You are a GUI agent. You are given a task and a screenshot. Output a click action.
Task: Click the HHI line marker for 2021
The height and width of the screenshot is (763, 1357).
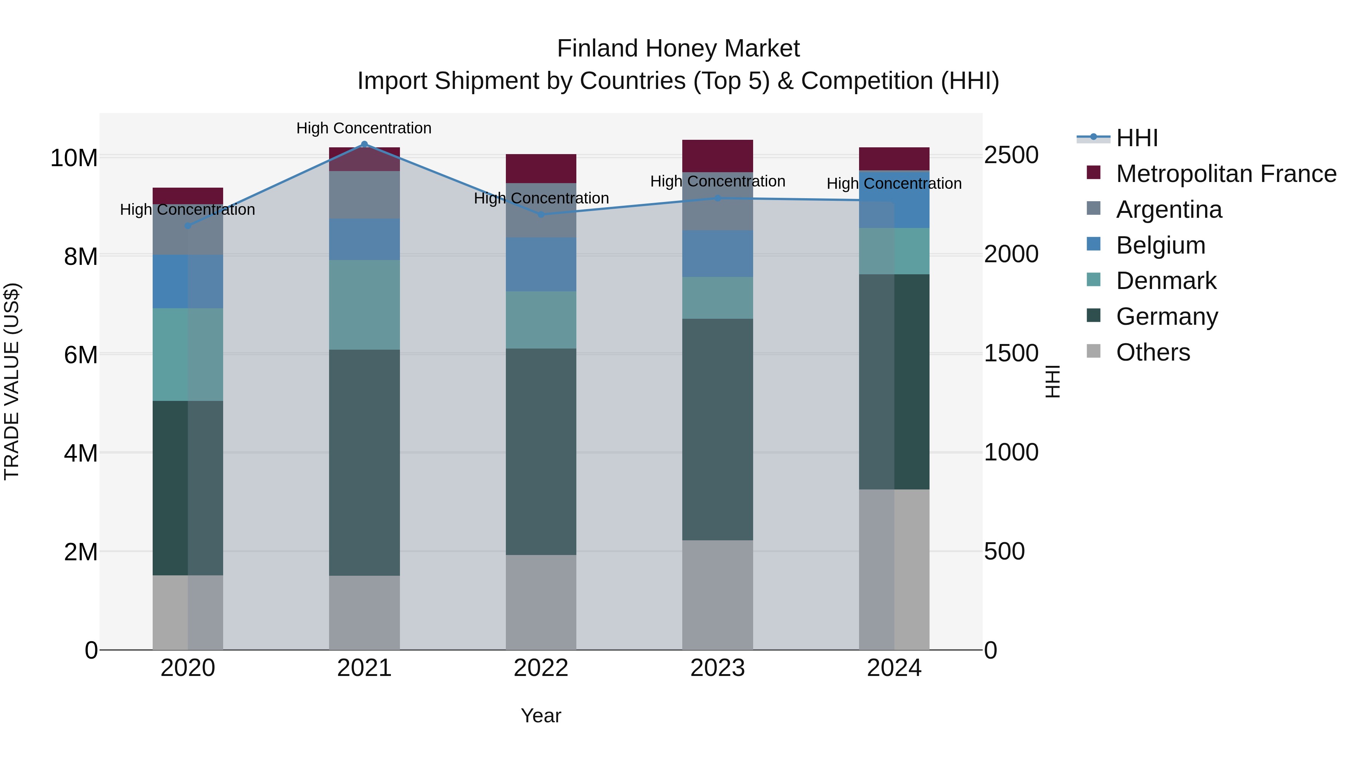click(364, 144)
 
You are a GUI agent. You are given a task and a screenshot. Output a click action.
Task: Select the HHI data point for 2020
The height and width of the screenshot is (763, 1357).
click(188, 226)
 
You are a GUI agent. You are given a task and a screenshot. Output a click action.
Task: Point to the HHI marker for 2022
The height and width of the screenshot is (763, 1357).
click(541, 214)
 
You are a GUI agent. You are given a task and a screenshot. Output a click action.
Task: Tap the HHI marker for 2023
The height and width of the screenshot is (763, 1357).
click(717, 198)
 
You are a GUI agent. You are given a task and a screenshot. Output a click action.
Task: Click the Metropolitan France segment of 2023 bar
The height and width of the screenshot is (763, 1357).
click(717, 156)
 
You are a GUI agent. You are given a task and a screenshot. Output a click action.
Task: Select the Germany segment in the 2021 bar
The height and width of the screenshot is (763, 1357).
click(364, 462)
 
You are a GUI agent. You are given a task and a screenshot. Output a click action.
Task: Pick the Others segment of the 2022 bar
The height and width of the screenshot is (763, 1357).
click(541, 602)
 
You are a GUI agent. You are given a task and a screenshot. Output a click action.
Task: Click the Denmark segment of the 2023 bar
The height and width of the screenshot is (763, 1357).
click(717, 298)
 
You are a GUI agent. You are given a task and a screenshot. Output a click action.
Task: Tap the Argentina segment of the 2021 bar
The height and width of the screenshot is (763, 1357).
click(364, 195)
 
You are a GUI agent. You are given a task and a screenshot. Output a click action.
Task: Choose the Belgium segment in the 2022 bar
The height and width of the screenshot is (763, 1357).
click(541, 265)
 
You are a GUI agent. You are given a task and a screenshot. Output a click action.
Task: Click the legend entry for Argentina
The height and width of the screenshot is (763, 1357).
click(1169, 209)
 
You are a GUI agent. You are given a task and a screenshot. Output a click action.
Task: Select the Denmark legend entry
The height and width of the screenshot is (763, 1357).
click(1166, 281)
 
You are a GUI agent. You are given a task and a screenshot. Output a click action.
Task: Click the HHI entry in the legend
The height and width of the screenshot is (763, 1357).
click(1136, 138)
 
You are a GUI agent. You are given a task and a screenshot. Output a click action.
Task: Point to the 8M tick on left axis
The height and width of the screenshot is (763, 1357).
click(80, 257)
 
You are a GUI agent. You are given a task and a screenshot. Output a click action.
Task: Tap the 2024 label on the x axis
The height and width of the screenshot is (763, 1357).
click(894, 668)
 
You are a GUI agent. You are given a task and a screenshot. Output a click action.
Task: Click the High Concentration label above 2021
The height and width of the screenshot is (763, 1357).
click(364, 128)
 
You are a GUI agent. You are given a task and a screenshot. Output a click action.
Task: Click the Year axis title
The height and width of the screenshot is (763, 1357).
click(541, 716)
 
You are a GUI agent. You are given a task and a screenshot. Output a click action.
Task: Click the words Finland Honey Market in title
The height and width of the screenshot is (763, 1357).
click(678, 49)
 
